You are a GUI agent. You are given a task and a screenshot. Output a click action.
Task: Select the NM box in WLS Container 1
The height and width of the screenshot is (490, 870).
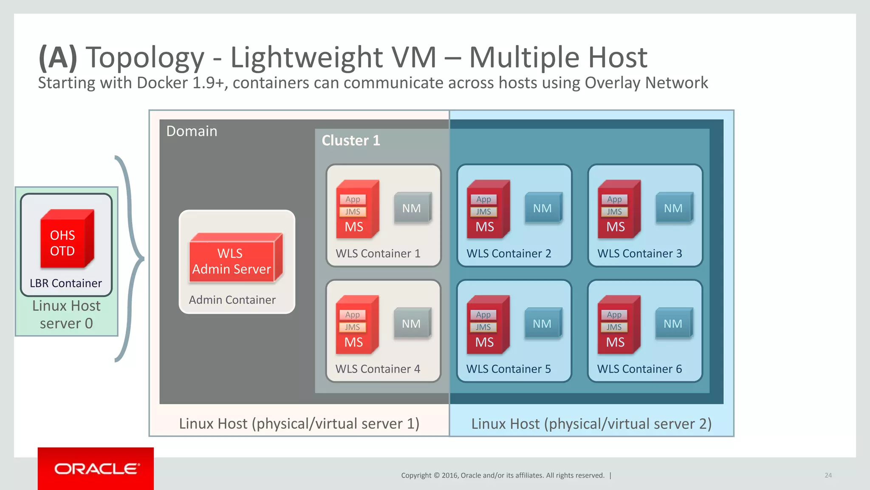click(412, 208)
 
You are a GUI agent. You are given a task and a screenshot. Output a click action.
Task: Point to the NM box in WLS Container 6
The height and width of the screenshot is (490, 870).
click(673, 324)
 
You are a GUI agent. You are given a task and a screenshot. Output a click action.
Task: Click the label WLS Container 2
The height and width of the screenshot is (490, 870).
click(508, 254)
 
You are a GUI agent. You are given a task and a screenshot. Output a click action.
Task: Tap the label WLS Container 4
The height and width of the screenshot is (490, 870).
click(378, 369)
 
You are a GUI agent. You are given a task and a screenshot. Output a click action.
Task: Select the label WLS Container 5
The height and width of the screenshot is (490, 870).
click(508, 369)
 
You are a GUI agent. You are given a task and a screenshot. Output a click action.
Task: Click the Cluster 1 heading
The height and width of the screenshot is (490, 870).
click(351, 140)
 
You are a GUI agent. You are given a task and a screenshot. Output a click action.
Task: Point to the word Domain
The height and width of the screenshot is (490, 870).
click(192, 131)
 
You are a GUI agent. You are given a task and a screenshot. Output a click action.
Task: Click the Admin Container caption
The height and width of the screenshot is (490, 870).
click(232, 300)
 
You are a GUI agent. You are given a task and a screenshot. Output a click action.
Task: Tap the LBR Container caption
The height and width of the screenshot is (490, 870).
click(66, 283)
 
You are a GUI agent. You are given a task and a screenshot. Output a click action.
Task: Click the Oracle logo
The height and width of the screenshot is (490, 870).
click(96, 469)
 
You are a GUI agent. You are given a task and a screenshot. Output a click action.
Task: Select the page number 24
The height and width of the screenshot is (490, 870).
click(828, 475)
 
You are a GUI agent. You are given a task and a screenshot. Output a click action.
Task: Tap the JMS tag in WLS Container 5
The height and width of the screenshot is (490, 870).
click(483, 327)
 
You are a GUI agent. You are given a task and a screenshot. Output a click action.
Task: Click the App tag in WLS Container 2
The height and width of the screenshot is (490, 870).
click(483, 199)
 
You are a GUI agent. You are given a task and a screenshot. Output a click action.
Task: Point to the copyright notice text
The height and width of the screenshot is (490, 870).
click(503, 475)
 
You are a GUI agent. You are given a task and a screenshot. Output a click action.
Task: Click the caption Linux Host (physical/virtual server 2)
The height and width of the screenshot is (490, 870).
click(591, 424)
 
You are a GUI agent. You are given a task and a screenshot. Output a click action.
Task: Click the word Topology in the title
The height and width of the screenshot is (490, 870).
click(145, 57)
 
